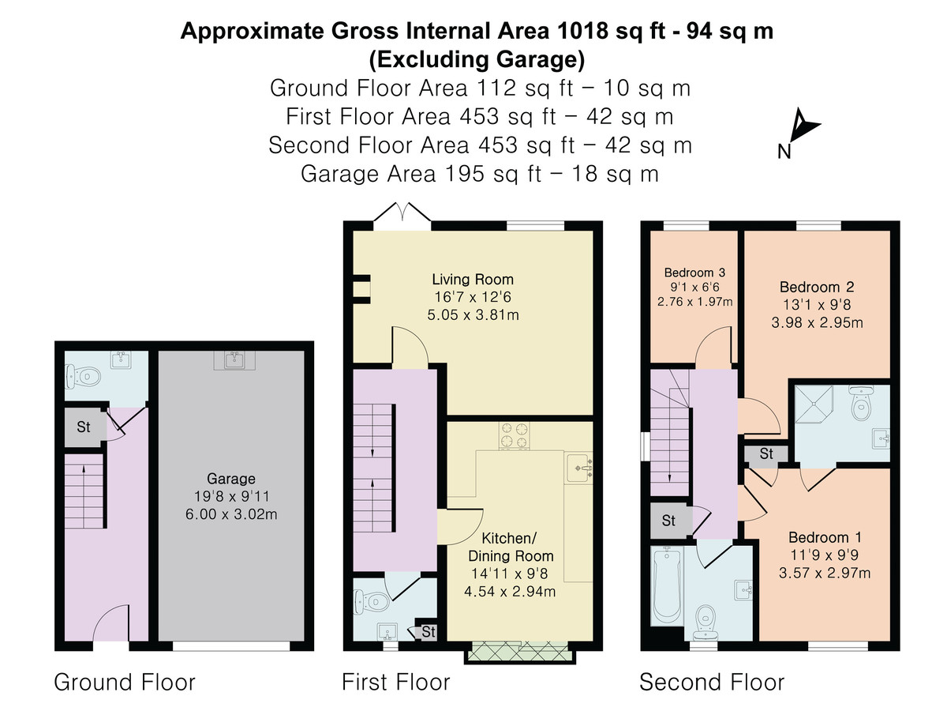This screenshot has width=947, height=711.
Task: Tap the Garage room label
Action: (x=230, y=478)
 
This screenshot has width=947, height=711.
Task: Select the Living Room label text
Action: (x=473, y=280)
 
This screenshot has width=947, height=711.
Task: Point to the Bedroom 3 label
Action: (x=694, y=273)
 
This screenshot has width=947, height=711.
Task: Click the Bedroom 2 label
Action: (x=817, y=287)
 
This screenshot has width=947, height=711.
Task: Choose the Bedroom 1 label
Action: (x=825, y=537)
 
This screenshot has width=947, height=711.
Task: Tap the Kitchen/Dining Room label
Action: (x=511, y=547)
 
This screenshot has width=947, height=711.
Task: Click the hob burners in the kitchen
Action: (x=514, y=435)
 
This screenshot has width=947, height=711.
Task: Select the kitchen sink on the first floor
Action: (x=579, y=468)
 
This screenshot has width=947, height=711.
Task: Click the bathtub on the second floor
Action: (x=667, y=586)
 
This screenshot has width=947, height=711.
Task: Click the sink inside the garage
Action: (x=234, y=360)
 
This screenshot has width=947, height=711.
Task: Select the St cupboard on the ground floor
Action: (x=84, y=427)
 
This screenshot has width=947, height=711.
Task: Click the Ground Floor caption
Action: (x=124, y=683)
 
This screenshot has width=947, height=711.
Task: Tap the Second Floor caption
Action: (x=712, y=683)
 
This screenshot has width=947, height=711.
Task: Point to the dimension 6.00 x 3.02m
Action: (x=230, y=514)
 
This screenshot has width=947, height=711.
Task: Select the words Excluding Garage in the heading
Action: (x=477, y=59)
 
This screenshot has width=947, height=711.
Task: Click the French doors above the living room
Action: (x=402, y=216)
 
